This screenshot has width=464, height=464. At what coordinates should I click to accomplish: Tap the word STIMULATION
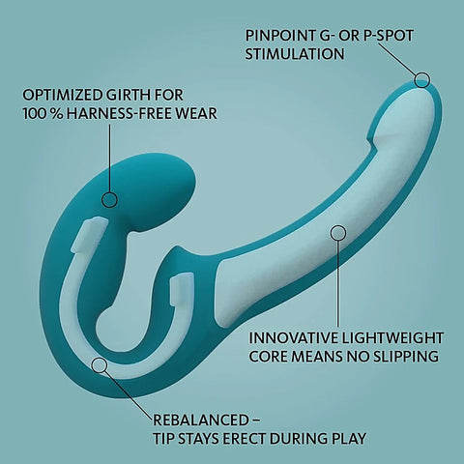point(295,54)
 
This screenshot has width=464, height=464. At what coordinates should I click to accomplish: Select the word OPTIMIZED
point(62,95)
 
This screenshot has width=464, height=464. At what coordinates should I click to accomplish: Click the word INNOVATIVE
point(292,338)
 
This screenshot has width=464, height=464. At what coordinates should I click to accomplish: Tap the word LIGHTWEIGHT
point(391,338)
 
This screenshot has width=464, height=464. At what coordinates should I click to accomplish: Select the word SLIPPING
point(406,357)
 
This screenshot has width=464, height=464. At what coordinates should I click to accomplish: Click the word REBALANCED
point(200,420)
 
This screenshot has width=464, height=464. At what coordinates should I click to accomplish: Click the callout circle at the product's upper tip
point(421,79)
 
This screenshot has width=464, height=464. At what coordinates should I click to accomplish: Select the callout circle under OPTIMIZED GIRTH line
point(109,199)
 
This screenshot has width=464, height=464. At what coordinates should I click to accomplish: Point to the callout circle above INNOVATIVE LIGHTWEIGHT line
point(338,232)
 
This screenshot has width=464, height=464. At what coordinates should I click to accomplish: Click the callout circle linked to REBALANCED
point(100,364)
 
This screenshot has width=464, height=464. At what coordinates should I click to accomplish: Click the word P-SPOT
point(389,36)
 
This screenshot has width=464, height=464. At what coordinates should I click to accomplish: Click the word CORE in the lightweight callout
point(268,357)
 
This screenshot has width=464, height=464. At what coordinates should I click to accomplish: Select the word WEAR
point(199,114)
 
